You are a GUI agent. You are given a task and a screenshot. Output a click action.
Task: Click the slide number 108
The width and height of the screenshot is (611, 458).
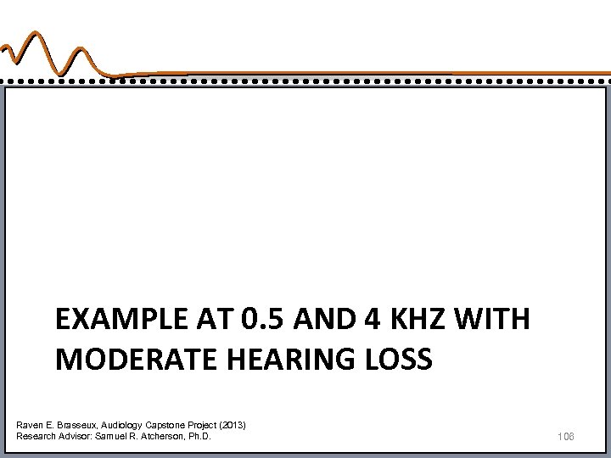(x=568, y=436)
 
